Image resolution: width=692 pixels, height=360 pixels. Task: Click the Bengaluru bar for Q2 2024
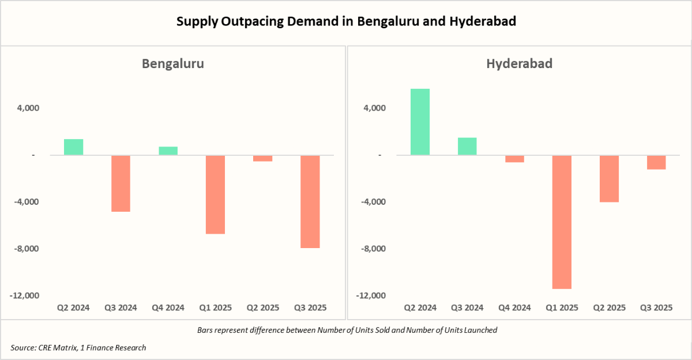(x=73, y=147)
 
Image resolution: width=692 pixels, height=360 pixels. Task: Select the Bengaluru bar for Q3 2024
(x=121, y=183)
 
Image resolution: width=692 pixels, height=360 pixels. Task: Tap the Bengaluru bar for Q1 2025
(x=215, y=194)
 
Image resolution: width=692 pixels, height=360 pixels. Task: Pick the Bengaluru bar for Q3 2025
(x=310, y=201)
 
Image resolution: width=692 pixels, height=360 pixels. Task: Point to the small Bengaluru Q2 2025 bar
(x=263, y=158)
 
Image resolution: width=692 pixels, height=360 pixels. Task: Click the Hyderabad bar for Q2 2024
(x=420, y=122)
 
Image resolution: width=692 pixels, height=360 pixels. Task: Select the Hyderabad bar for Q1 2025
(x=562, y=222)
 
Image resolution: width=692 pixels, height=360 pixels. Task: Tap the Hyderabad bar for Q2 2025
(x=609, y=178)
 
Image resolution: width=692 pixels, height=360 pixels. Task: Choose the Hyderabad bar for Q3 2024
(x=467, y=147)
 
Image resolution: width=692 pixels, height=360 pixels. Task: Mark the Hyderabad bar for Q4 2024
(x=514, y=159)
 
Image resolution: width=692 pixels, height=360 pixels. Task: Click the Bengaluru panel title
(x=173, y=63)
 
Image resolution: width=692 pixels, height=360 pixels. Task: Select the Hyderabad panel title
(x=519, y=63)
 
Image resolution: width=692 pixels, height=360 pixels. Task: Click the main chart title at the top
(x=346, y=22)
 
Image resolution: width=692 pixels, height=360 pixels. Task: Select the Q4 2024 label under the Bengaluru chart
(x=168, y=308)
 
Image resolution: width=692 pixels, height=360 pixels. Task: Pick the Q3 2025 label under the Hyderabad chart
(x=656, y=308)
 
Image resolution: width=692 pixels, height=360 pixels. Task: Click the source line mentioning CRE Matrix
(x=78, y=347)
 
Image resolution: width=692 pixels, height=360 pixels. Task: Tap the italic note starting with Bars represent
(x=347, y=331)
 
